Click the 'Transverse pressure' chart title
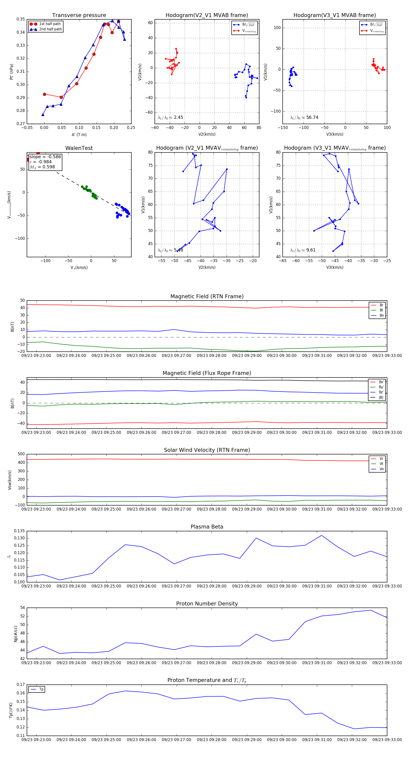coord(79,15)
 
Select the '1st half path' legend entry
coord(49,24)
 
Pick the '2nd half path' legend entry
coord(50,29)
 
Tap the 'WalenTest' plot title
coord(79,148)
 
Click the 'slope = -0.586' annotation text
coord(45,157)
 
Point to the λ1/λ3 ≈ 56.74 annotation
coord(304,117)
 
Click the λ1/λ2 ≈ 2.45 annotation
coord(170,117)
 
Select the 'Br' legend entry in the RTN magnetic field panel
coord(381,305)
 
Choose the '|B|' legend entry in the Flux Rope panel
coord(381,398)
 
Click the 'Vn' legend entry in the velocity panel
coord(381,469)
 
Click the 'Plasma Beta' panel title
coord(207,527)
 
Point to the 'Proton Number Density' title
coord(207,603)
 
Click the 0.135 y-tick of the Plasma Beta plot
coord(20,531)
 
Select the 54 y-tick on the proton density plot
coord(22,608)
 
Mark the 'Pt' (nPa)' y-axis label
coord(11,72)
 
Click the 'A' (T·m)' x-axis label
coord(79,134)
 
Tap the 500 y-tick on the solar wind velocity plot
coord(21,454)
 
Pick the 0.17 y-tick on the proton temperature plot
coord(21,684)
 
